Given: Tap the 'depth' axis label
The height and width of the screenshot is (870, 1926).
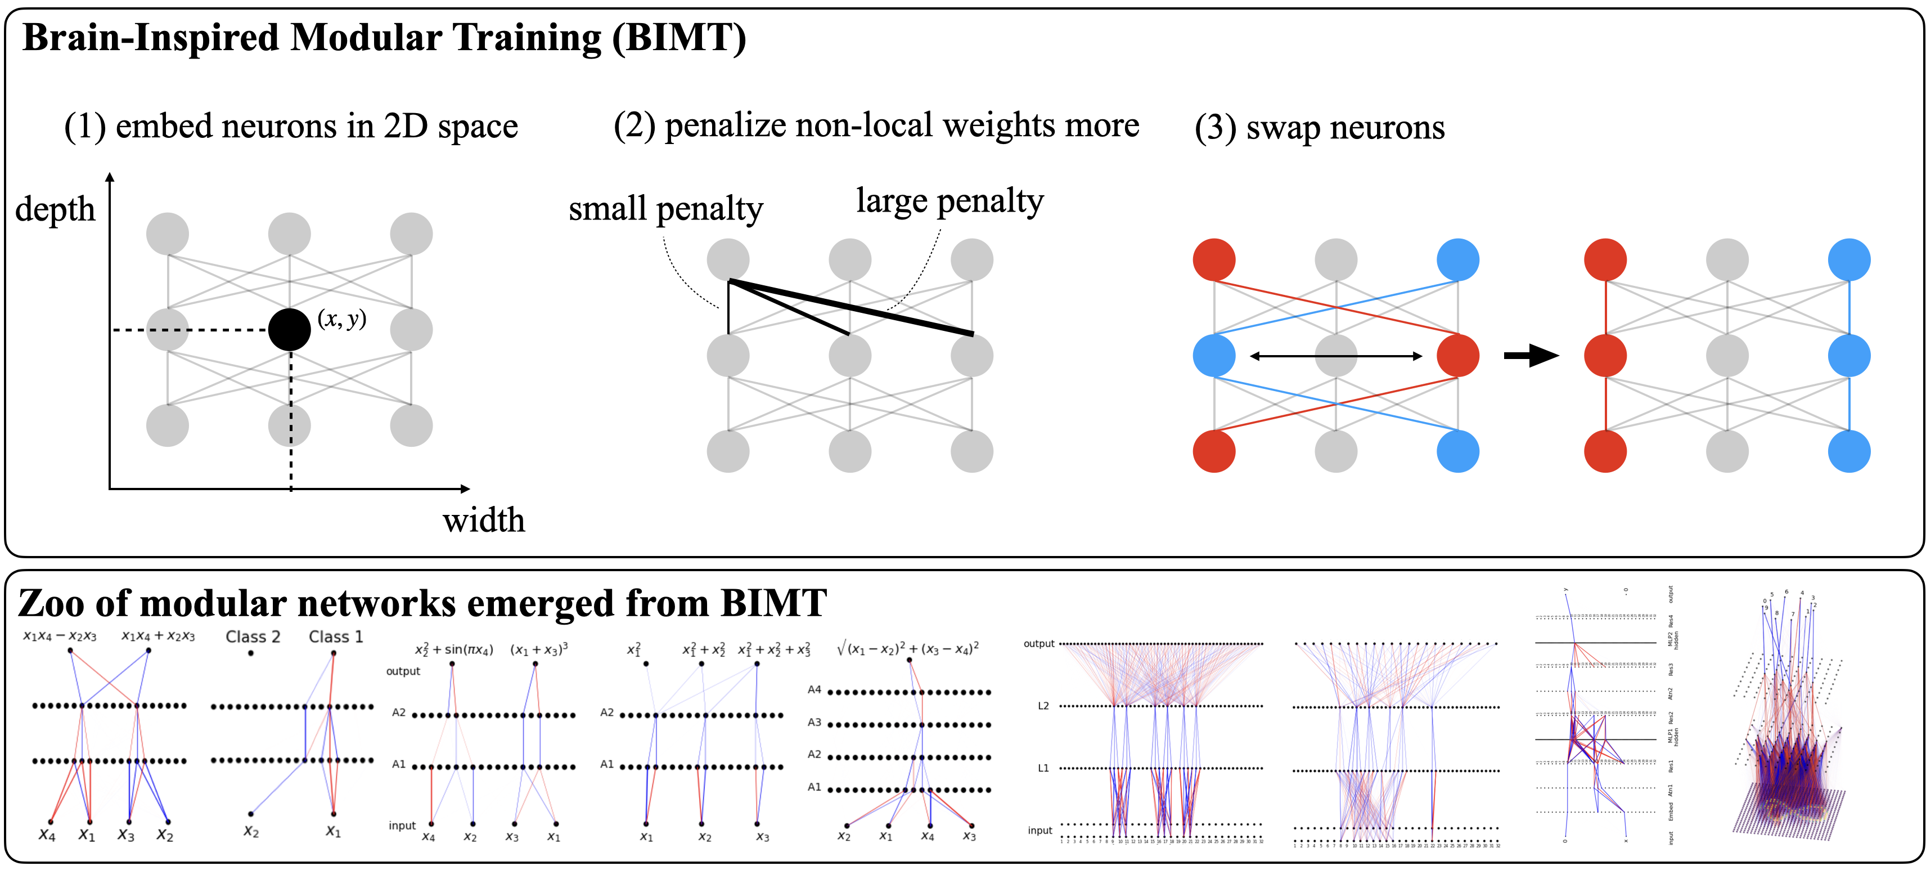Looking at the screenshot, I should (x=55, y=209).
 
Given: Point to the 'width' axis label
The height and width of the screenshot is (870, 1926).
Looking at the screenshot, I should (x=484, y=520).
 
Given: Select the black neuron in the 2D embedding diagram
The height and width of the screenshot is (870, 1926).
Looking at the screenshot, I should (x=289, y=329).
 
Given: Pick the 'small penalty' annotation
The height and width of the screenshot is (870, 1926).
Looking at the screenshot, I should (x=665, y=208).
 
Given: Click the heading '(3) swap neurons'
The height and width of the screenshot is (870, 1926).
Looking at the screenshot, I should (x=1319, y=127).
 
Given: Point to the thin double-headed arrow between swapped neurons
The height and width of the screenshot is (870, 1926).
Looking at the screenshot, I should (x=1336, y=356).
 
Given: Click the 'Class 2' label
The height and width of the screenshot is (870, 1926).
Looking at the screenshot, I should (x=253, y=636).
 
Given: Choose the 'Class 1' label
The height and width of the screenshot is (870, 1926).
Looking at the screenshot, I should (x=336, y=636).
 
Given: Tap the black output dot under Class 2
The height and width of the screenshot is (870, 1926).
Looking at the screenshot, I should (x=250, y=653).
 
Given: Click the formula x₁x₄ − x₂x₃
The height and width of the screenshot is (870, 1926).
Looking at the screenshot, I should (x=60, y=636).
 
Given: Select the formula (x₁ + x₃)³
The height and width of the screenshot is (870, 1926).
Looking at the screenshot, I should (x=538, y=649).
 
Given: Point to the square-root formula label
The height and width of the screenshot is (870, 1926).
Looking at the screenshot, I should (x=907, y=648).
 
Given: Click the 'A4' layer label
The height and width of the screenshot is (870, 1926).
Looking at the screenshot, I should (x=814, y=689).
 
